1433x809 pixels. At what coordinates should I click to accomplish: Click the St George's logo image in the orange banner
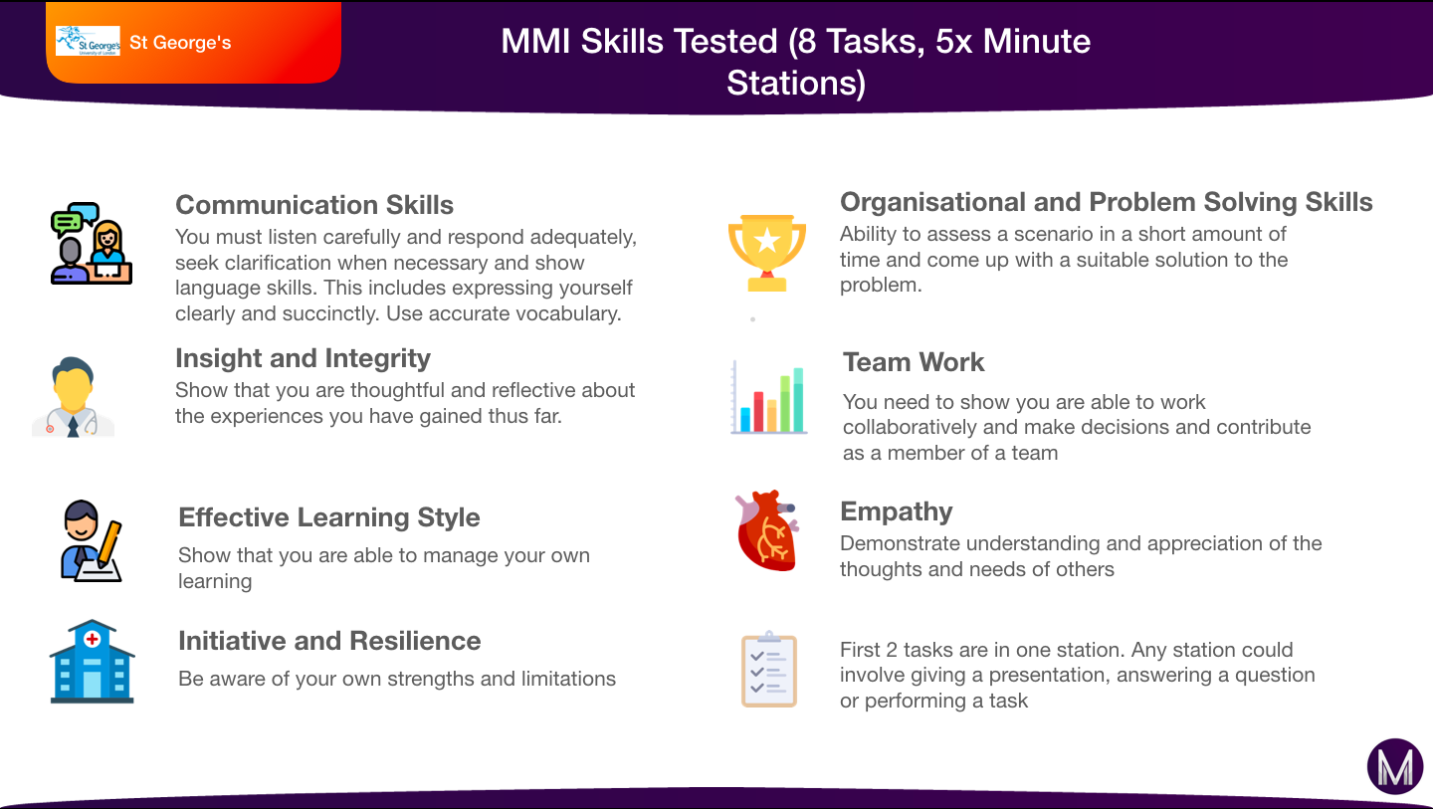pyautogui.click(x=88, y=42)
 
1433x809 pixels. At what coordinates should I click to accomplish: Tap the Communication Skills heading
pyautogui.click(x=314, y=205)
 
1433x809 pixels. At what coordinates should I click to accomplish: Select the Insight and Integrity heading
pyautogui.click(x=303, y=359)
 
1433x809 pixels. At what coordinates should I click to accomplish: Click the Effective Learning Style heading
pyautogui.click(x=328, y=517)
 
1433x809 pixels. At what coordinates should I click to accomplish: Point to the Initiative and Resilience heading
pyautogui.click(x=329, y=641)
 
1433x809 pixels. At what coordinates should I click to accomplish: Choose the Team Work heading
pyautogui.click(x=914, y=362)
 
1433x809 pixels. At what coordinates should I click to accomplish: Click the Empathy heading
pyautogui.click(x=897, y=511)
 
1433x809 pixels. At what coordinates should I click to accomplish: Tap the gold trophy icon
pyautogui.click(x=767, y=254)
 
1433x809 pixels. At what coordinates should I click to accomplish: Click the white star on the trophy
pyautogui.click(x=767, y=241)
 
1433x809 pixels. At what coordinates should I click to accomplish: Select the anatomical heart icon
pyautogui.click(x=767, y=530)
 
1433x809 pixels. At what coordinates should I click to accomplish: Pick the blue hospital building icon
pyautogui.click(x=93, y=662)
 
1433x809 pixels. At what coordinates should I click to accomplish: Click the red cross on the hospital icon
pyautogui.click(x=93, y=639)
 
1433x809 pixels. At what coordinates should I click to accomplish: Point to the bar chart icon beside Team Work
pyautogui.click(x=769, y=397)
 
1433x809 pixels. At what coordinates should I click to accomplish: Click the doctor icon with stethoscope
pyautogui.click(x=73, y=397)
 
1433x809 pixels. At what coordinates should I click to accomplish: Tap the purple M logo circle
pyautogui.click(x=1395, y=766)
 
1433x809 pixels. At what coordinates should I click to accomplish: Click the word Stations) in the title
pyautogui.click(x=796, y=84)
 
